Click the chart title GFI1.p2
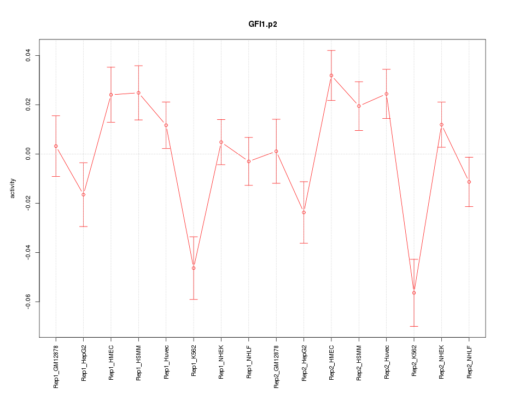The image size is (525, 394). (x=262, y=25)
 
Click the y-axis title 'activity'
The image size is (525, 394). (x=13, y=188)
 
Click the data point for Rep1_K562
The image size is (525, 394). (x=194, y=268)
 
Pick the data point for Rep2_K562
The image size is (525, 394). (x=414, y=293)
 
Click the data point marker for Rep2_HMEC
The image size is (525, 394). (x=331, y=76)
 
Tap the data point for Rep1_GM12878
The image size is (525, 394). (x=56, y=146)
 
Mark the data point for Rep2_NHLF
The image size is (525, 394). (x=469, y=182)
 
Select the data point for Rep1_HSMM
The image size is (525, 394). (x=138, y=93)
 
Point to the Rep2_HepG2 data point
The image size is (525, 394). (x=304, y=212)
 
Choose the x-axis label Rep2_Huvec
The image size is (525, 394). (x=387, y=362)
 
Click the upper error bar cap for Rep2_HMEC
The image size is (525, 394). (x=331, y=50)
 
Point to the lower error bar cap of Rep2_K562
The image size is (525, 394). (x=414, y=326)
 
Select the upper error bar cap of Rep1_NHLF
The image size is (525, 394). (x=249, y=137)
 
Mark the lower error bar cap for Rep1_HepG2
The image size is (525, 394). (x=84, y=227)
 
